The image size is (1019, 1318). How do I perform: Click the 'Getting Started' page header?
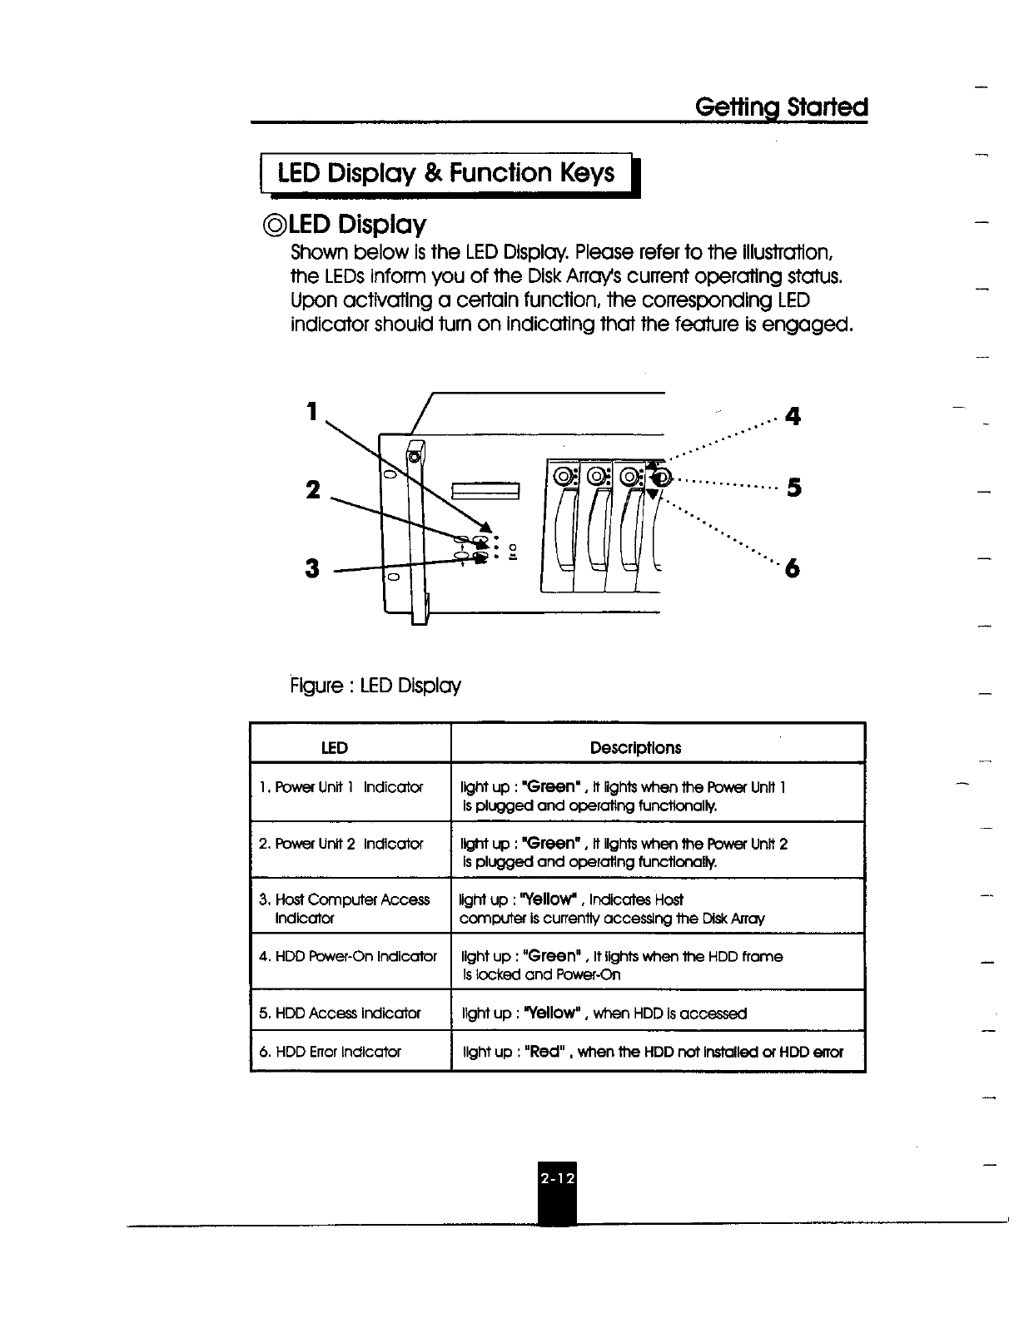point(781,107)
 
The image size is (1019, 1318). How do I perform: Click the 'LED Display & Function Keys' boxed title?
point(446,173)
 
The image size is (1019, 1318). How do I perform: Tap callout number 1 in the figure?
point(311,411)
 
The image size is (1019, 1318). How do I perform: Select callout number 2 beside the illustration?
point(312,490)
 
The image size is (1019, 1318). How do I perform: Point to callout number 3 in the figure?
point(312,568)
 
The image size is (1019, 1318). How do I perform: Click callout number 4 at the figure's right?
point(793,415)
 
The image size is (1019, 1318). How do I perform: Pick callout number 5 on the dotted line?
point(793,488)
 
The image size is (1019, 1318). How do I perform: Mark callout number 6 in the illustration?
point(793,568)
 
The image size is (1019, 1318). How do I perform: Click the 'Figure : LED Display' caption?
point(375,686)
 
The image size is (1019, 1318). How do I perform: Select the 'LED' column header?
point(335,747)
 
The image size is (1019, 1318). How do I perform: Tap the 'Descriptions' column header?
point(635,747)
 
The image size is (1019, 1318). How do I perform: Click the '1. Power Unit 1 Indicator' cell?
point(340,787)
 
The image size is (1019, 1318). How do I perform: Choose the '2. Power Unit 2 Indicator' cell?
point(340,844)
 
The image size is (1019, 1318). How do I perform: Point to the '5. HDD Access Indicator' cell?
point(340,1013)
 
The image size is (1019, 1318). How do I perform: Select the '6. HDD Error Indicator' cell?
point(330,1052)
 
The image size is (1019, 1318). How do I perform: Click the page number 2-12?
point(557,1179)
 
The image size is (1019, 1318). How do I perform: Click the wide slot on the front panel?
point(486,490)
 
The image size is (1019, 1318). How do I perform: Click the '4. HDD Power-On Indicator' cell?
point(348,956)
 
